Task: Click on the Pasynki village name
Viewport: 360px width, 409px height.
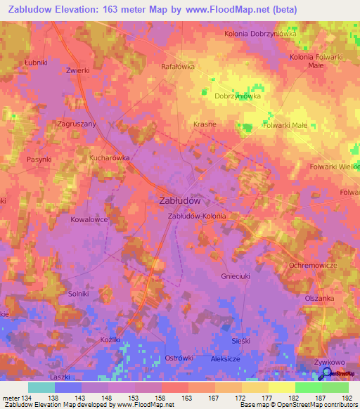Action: point(39,160)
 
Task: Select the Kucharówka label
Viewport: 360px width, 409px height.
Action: point(110,158)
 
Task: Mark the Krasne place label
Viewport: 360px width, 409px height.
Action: point(204,124)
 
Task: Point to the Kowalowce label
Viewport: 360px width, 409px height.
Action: point(89,219)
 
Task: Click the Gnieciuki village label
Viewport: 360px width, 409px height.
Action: point(236,275)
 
